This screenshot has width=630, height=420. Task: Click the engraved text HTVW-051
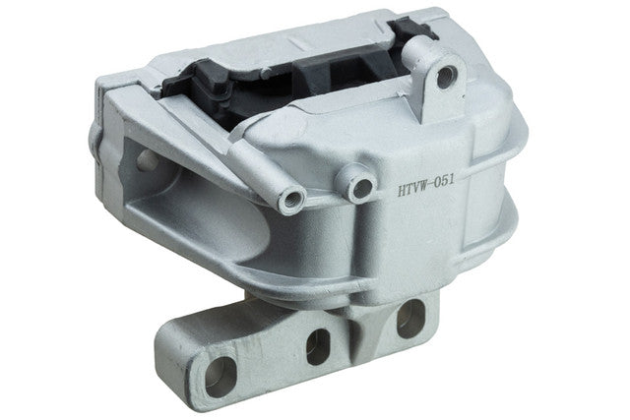coord(426,185)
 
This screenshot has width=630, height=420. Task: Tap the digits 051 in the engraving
coord(444,182)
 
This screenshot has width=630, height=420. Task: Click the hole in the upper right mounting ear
coord(446,76)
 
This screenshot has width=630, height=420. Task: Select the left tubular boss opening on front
coord(292,200)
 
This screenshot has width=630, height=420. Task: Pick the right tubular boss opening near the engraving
coord(361,187)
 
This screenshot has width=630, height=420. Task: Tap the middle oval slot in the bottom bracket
coord(317,346)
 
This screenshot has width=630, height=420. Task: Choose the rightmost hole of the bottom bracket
coord(409,318)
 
